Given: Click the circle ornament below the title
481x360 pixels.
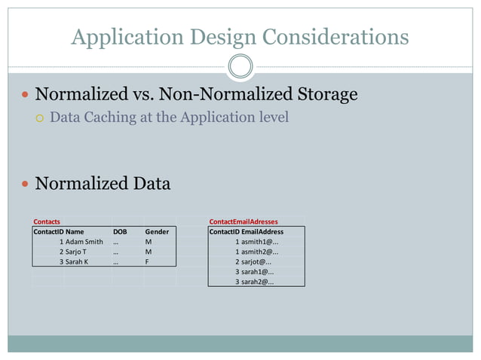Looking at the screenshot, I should (x=240, y=66).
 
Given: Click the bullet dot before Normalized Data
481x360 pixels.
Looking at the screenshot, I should (x=26, y=184).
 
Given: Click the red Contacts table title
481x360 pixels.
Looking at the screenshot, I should (x=47, y=221).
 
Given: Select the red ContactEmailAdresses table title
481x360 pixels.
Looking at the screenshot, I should (x=244, y=221).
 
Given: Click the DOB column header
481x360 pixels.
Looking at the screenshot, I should (x=120, y=232).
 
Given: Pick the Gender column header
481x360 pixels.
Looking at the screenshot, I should (x=157, y=232).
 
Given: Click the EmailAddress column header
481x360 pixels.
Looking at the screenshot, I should (x=262, y=232).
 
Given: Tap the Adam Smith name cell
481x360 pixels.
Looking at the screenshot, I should (x=84, y=242).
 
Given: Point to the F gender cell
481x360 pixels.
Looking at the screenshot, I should (x=148, y=261).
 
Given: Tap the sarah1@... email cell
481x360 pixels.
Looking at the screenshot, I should (x=257, y=271).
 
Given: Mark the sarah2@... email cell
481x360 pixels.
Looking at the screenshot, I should (x=257, y=281).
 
